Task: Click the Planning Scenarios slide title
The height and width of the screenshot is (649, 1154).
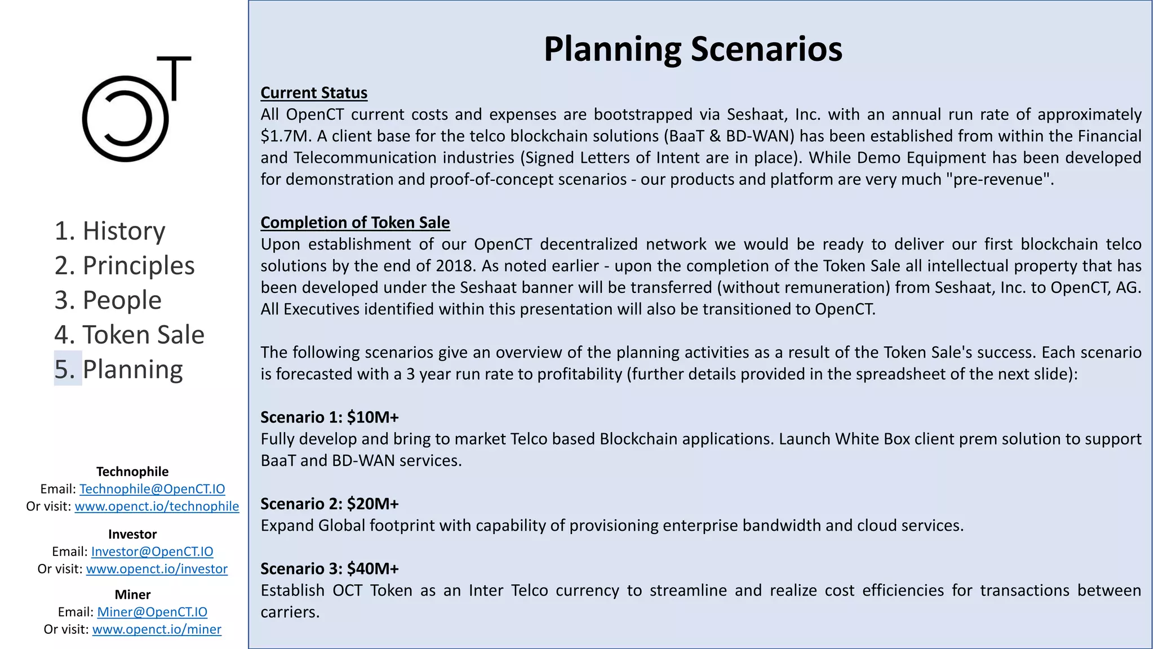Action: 693,49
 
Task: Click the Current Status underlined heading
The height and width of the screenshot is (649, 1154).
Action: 314,93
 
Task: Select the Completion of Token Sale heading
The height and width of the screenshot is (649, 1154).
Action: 355,223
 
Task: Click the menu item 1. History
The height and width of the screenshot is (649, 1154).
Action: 110,231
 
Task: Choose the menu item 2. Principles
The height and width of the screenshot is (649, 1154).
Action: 125,265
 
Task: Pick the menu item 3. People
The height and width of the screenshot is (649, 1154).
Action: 108,300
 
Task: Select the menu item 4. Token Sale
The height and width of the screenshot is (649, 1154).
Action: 129,335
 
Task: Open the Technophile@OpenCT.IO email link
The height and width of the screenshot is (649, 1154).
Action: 152,489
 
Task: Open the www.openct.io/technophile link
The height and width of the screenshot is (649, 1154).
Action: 157,506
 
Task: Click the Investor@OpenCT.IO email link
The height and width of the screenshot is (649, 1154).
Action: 152,552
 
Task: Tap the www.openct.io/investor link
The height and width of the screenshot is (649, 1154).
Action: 157,569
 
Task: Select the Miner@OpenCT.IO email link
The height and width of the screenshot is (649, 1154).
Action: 152,612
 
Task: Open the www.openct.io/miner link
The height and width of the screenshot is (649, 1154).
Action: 157,629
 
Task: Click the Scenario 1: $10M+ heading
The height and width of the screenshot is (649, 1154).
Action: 330,417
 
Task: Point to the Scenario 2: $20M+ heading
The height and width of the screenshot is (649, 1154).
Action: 330,504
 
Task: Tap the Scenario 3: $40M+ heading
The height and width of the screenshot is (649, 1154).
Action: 330,569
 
